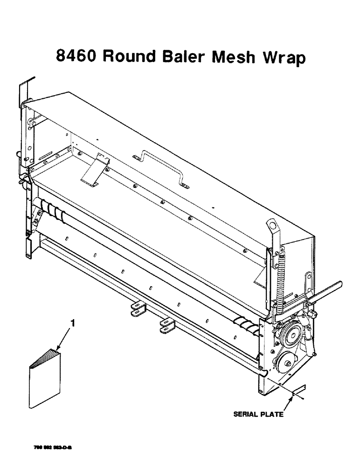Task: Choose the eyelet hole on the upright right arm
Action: coord(272,225)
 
